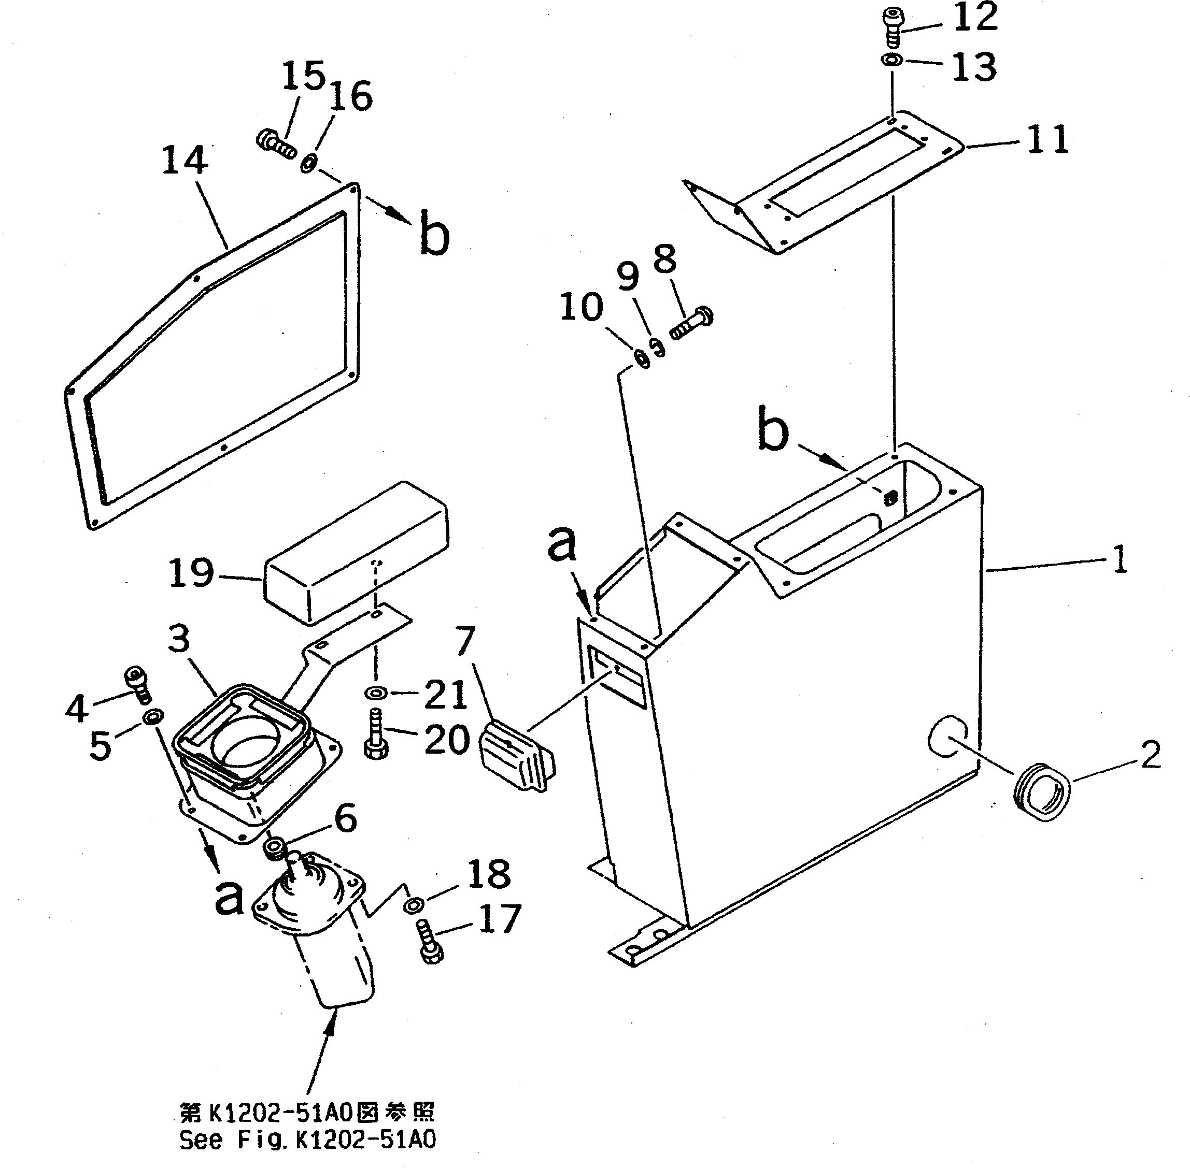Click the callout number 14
(x=185, y=161)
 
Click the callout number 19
(x=191, y=573)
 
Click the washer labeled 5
(x=151, y=716)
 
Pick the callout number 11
(x=1047, y=140)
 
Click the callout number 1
(x=1120, y=560)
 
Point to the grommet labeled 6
(x=274, y=848)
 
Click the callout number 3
(x=179, y=639)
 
